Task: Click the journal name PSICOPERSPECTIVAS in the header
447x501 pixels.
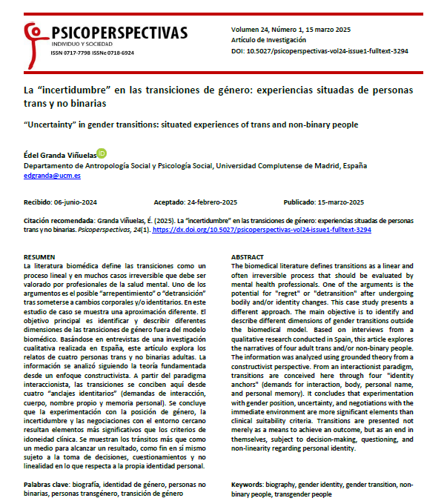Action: pos(119,32)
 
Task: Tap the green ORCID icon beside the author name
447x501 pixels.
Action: pos(102,153)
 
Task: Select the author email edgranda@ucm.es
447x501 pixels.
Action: pos(53,176)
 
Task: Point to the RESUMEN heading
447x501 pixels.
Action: pos(40,256)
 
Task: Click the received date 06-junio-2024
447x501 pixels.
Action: pos(72,202)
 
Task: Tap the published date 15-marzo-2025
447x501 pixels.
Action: pos(334,202)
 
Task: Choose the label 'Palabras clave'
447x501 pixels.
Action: pos(48,483)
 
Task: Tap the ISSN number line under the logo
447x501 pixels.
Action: pos(93,53)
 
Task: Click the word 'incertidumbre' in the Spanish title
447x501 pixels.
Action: pos(70,90)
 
